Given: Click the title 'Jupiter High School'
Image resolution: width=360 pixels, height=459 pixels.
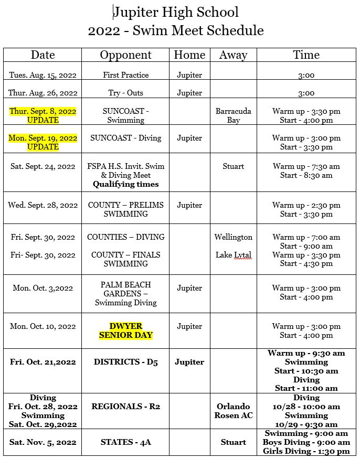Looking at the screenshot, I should point(176,12).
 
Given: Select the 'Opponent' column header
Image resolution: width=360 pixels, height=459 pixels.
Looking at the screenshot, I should point(125,55).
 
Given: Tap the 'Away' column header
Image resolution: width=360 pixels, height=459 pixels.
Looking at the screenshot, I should point(233,55).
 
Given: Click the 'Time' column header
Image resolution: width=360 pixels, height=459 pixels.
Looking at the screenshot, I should point(306,55).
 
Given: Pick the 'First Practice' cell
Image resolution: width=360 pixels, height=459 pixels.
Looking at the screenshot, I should point(125,75).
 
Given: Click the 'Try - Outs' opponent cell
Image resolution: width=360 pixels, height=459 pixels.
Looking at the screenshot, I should point(125,93).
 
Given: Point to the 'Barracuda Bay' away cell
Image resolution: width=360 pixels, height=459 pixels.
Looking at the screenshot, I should point(233,115).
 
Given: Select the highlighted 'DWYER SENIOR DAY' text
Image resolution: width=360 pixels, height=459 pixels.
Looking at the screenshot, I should point(126,330).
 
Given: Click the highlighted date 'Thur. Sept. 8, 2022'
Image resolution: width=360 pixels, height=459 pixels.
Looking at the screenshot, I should point(43,111).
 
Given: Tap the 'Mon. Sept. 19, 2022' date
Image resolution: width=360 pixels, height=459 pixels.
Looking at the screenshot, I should point(43,138).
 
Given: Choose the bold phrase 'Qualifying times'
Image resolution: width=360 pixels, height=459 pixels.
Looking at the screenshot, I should point(125,184).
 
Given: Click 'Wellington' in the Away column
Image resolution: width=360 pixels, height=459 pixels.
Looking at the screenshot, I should point(233,237).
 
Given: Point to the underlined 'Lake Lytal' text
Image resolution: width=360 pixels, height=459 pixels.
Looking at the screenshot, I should point(233,255).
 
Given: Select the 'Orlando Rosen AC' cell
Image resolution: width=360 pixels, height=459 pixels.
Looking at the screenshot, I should point(233,411).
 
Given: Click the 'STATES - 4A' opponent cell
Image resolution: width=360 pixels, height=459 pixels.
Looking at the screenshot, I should point(125,442).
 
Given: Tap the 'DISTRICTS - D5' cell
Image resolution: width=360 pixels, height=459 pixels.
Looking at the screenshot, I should point(125,362).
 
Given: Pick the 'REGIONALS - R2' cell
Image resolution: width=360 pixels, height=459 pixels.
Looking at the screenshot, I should point(125,407).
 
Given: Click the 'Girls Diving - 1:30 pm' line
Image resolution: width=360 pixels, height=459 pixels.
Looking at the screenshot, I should point(306,451).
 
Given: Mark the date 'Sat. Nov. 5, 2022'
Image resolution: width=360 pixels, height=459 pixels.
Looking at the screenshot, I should point(43,442).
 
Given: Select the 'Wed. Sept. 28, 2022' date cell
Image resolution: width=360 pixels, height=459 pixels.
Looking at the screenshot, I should point(43,205).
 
